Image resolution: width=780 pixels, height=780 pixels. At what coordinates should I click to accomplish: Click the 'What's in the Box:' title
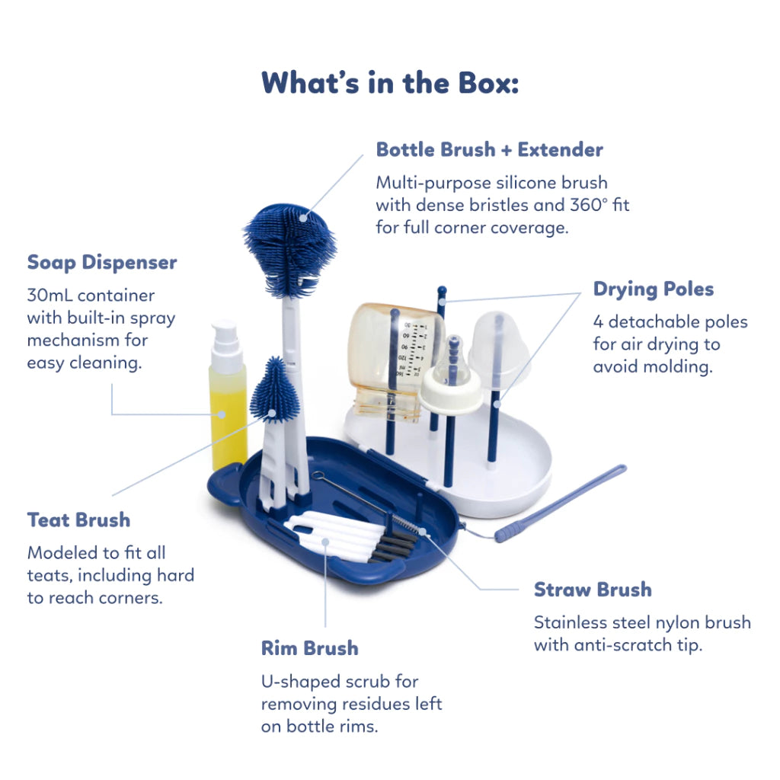point(390,82)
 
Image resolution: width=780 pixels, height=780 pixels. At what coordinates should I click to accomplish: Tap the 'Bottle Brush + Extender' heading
point(490,149)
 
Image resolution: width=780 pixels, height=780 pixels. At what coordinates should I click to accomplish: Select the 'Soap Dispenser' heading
point(102,262)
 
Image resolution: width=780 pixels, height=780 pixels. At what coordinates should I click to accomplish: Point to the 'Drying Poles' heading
point(653,289)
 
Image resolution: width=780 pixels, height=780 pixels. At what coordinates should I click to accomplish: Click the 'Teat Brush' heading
point(78,519)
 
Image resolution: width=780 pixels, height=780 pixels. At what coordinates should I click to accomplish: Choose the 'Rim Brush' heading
point(309,648)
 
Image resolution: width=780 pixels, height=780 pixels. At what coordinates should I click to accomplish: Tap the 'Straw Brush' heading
point(593,590)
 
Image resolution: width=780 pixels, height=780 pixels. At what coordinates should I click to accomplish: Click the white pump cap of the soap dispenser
point(225,347)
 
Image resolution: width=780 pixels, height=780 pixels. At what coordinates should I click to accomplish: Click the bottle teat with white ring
point(451,380)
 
